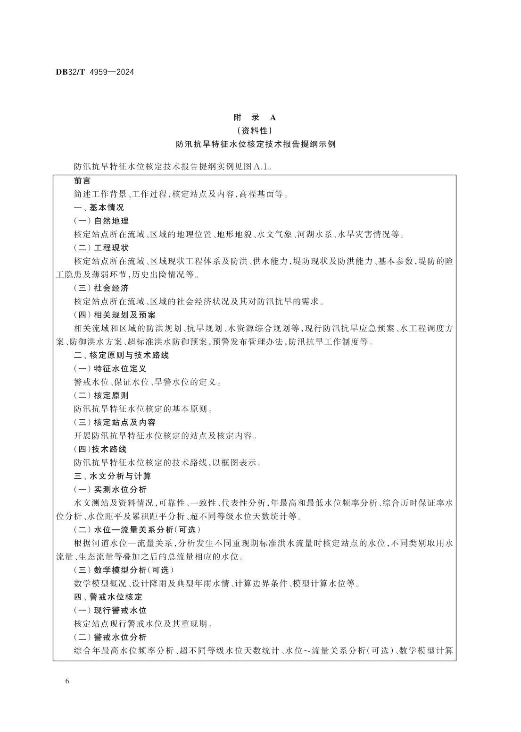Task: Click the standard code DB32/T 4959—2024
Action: [95, 72]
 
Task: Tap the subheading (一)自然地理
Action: [101, 221]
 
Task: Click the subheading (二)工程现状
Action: [101, 247]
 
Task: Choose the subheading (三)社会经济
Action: [101, 288]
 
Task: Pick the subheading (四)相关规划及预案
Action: [115, 315]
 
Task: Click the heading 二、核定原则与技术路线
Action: [121, 355]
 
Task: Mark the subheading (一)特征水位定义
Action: [110, 368]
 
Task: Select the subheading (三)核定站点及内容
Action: [115, 422]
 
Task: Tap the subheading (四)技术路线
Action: [100, 449]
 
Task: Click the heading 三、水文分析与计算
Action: [112, 476]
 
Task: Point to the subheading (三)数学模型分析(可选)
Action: [124, 570]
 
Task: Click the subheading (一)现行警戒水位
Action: [110, 610]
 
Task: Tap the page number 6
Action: [67, 681]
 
